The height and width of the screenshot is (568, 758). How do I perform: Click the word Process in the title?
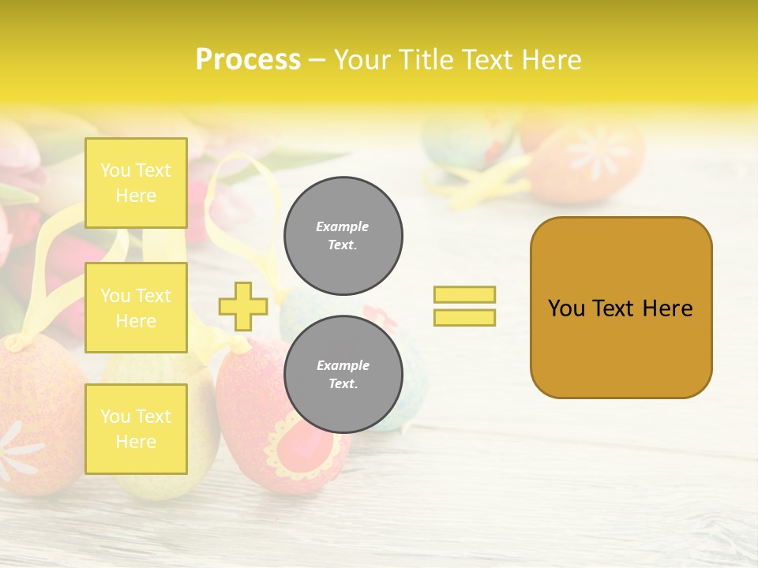pos(248,60)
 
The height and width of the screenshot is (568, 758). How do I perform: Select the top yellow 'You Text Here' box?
pos(136,183)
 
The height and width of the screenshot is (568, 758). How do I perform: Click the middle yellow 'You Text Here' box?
pos(136,308)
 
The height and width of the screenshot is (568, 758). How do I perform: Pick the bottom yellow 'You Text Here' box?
pos(136,429)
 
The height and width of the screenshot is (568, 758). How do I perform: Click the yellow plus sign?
pos(242,306)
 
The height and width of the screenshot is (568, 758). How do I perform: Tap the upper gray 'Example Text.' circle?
pos(343,236)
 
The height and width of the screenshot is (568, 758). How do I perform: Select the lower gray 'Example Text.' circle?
pos(343,375)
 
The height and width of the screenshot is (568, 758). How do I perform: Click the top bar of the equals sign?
pos(464,294)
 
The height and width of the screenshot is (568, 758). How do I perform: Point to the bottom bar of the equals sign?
pos(464,317)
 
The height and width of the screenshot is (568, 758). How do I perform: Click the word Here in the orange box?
pos(667,308)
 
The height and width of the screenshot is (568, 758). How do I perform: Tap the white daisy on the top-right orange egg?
pos(598,150)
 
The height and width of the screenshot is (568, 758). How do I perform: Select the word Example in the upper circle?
pos(343,226)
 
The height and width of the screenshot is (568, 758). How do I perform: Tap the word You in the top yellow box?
pos(114,170)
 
